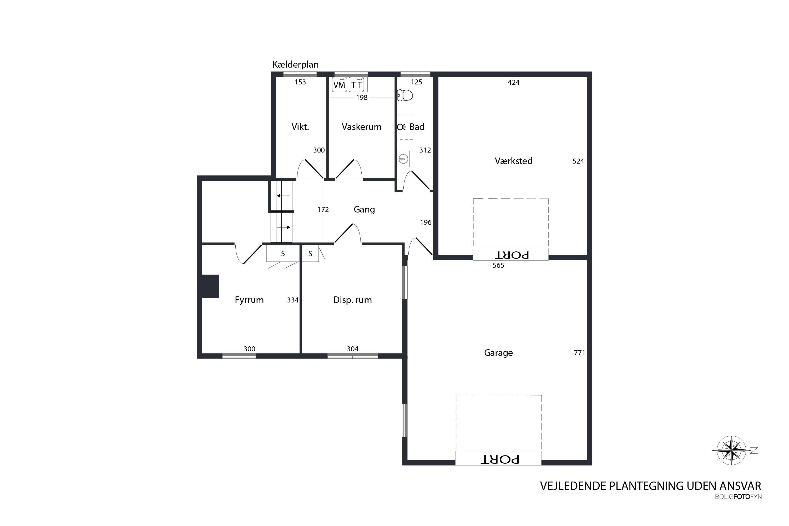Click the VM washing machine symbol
tap(339, 84)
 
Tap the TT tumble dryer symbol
tap(357, 84)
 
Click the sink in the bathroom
tap(403, 159)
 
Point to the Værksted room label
tap(514, 161)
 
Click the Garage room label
tap(498, 353)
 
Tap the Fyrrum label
tap(249, 300)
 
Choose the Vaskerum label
tap(362, 127)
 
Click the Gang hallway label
tap(364, 210)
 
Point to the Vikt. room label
tap(300, 127)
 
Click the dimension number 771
tap(579, 353)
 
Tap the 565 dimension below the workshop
tap(498, 265)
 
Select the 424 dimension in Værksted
tap(514, 82)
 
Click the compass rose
tap(732, 451)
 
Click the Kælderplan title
tap(296, 64)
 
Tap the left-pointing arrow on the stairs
tap(284, 196)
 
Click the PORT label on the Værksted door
tap(512, 255)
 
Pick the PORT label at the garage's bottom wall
tap(500, 459)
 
